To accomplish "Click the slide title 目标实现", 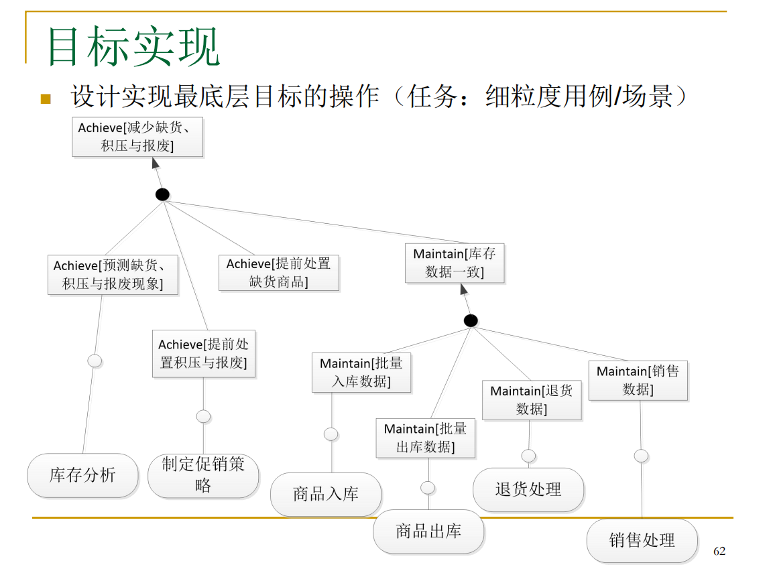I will coord(133,47).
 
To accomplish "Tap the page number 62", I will coord(719,551).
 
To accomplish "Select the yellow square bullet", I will coord(46,99).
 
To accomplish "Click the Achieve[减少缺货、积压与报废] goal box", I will coord(137,137).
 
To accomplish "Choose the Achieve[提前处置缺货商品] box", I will coord(279,273).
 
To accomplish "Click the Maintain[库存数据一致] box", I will coord(455,263).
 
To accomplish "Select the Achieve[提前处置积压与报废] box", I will coord(204,353).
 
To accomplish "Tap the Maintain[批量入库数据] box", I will coord(361,373).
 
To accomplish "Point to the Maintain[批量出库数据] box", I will coord(426,438).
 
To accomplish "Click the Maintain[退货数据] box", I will coord(532,400).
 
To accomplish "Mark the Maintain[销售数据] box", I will coord(638,381).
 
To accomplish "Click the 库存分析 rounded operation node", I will coord(82,476).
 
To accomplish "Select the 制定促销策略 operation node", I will coord(203,475).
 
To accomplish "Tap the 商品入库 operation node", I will coord(326,495).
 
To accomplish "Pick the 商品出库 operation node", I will coord(428,531).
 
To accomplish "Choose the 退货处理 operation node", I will coord(528,490).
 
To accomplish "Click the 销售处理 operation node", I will coord(642,540).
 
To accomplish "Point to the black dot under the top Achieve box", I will coord(162,195).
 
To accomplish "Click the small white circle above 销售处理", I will coord(641,456).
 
